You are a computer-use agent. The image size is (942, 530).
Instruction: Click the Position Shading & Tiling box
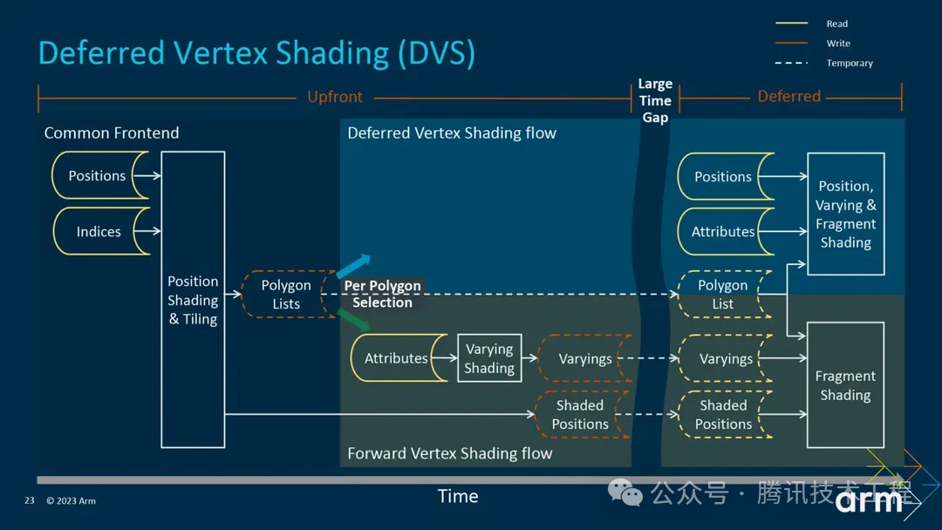pyautogui.click(x=193, y=299)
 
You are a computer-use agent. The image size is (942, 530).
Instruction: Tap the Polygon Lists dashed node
pyautogui.click(x=286, y=294)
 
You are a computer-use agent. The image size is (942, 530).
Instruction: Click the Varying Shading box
pyautogui.click(x=489, y=358)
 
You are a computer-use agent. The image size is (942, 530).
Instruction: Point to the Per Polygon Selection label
pyautogui.click(x=382, y=294)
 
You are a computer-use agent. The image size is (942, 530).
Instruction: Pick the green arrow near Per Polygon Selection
pyautogui.click(x=353, y=322)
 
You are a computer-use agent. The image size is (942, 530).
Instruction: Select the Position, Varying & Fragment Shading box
pyautogui.click(x=845, y=214)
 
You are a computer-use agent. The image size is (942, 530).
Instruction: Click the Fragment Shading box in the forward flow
pyautogui.click(x=845, y=384)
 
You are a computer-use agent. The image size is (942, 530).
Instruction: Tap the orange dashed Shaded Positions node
pyautogui.click(x=580, y=415)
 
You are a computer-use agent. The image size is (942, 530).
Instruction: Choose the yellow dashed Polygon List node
pyautogui.click(x=723, y=294)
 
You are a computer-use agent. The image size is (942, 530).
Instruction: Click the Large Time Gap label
pyautogui.click(x=655, y=100)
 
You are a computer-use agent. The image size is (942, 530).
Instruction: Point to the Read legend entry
pyautogui.click(x=836, y=24)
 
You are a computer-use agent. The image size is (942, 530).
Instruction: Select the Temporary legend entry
pyautogui.click(x=848, y=63)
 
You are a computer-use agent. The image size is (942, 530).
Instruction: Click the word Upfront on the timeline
pyautogui.click(x=335, y=97)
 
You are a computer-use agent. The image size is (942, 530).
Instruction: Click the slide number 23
pyautogui.click(x=29, y=500)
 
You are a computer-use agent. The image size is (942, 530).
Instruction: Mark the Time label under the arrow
pyautogui.click(x=458, y=496)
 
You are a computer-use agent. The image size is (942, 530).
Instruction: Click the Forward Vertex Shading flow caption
pyautogui.click(x=449, y=453)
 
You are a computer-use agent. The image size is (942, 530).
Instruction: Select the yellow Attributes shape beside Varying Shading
pyautogui.click(x=396, y=358)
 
